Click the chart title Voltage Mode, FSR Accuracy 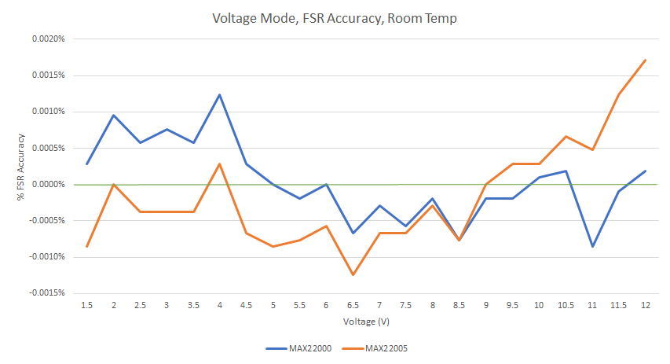tap(335, 18)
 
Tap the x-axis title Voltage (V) tap(366, 322)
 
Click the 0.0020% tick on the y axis tap(47, 39)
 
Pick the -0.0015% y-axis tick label tap(46, 293)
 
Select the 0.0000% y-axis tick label tap(47, 184)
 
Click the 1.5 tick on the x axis tap(87, 304)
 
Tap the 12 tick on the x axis tap(645, 304)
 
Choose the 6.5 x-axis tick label tap(353, 304)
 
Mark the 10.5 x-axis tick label tap(565, 304)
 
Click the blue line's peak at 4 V tap(220, 94)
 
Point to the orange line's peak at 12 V tap(645, 60)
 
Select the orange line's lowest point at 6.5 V tap(353, 275)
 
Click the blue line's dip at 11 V tap(591, 247)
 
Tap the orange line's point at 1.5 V tap(87, 247)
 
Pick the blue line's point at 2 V tap(114, 116)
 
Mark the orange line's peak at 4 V tap(220, 164)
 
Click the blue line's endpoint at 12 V tap(645, 171)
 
